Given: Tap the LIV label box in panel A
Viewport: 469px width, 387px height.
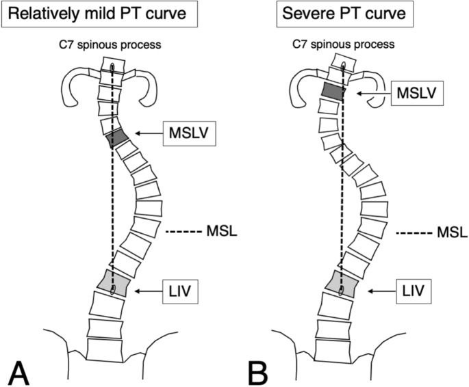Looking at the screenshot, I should point(182,292).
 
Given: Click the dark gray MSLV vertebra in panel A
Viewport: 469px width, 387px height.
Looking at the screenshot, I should point(117,137).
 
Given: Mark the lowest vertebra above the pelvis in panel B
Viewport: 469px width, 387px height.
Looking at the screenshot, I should point(340,349).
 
